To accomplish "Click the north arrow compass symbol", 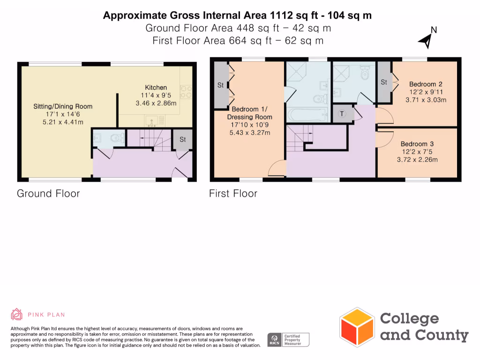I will pyautogui.click(x=427, y=40).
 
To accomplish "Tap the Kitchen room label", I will pyautogui.click(x=156, y=88).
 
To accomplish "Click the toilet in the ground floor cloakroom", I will pyautogui.click(x=116, y=138).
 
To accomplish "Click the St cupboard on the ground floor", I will pyautogui.click(x=183, y=140).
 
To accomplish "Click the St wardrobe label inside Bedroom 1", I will pyautogui.click(x=220, y=85).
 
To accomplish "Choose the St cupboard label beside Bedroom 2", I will pyautogui.click(x=384, y=82).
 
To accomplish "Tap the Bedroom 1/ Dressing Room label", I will pyautogui.click(x=249, y=113).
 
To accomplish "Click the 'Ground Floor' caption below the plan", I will pyautogui.click(x=48, y=193).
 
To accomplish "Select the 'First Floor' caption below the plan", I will pyautogui.click(x=233, y=193).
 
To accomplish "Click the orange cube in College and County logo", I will pyautogui.click(x=357, y=326).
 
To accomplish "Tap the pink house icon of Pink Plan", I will pyautogui.click(x=17, y=315).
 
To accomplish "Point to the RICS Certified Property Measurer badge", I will pyautogui.click(x=288, y=340).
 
